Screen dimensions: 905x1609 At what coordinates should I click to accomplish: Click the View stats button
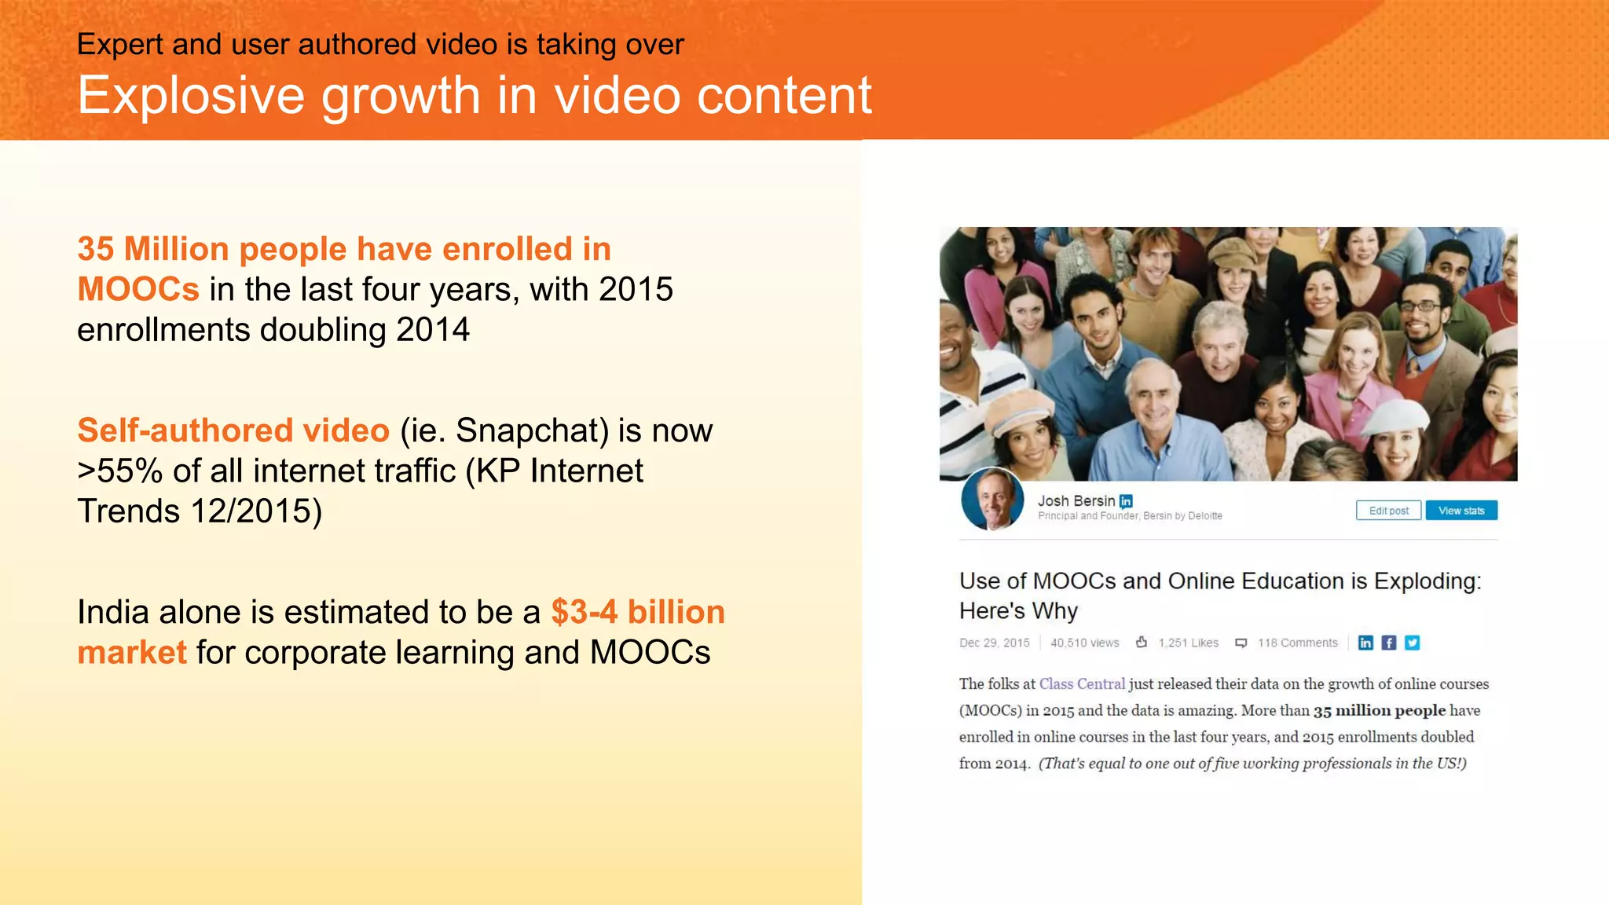click(1461, 511)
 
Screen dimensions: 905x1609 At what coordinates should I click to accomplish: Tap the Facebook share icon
click(1389, 643)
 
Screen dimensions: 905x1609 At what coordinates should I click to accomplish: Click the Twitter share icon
click(1413, 643)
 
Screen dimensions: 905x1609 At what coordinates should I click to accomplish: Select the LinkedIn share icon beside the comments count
click(1365, 643)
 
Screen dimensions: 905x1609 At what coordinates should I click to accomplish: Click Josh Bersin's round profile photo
click(992, 500)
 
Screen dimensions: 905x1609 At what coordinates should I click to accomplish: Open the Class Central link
click(1082, 683)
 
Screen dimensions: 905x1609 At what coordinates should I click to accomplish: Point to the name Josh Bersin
click(1076, 500)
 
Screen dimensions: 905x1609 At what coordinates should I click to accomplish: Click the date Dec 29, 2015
click(994, 643)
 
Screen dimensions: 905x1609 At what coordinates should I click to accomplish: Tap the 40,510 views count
click(1084, 643)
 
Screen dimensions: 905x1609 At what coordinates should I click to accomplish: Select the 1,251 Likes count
click(1188, 643)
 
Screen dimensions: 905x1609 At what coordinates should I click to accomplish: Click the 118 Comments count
click(1297, 643)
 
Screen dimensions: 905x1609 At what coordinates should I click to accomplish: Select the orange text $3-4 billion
click(638, 612)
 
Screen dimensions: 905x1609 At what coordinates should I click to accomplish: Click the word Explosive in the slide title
click(191, 96)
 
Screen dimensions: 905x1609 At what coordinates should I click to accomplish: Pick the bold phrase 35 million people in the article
click(1379, 710)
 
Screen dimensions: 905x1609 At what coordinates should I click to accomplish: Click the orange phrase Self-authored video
click(233, 431)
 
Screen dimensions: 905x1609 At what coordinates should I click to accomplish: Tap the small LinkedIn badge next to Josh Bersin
click(1126, 501)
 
